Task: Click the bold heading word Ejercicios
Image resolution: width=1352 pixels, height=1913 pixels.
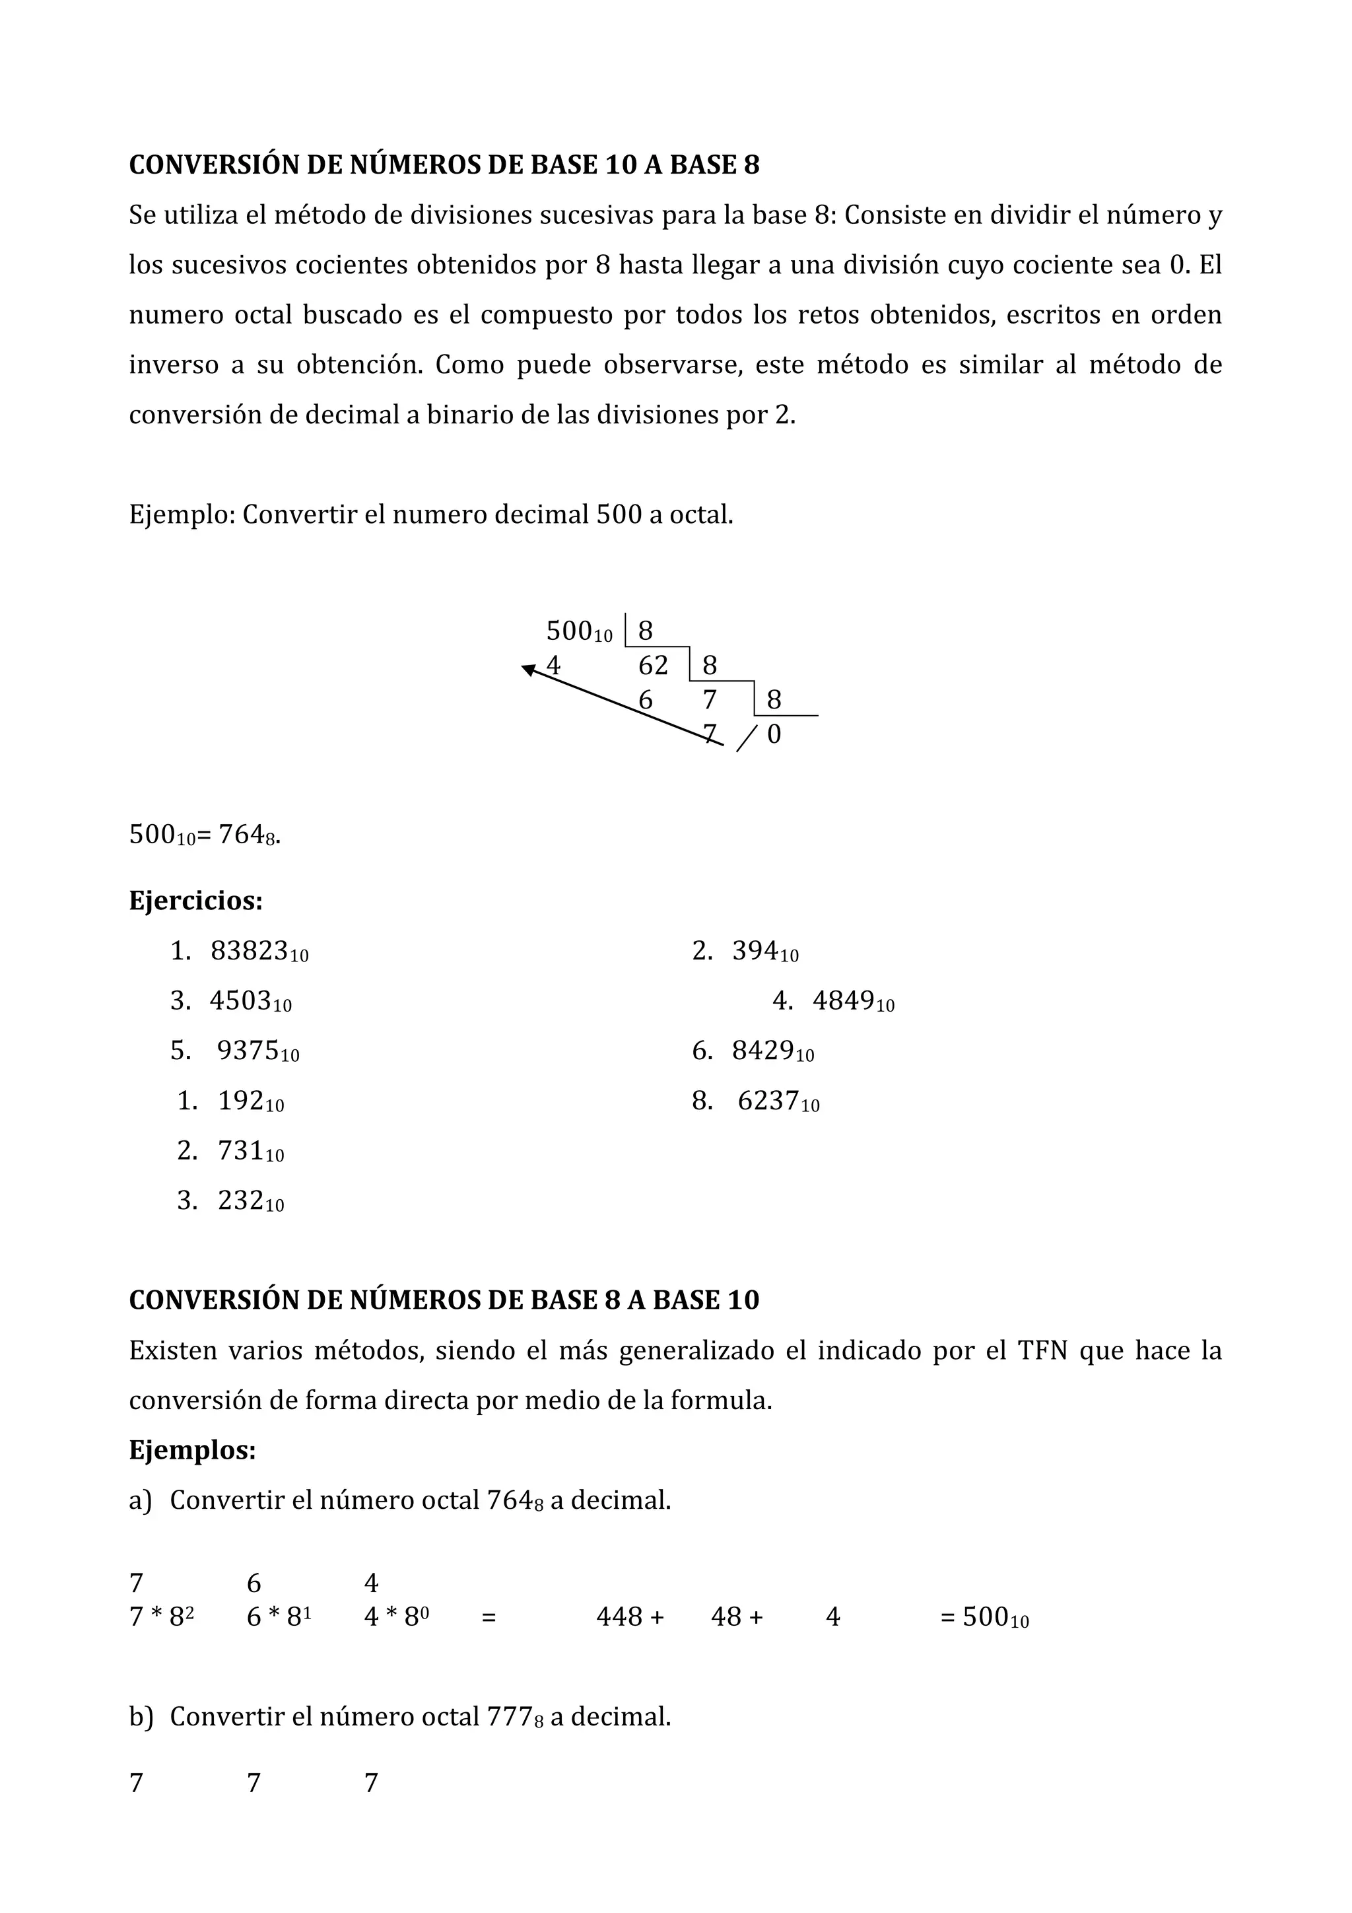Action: (195, 901)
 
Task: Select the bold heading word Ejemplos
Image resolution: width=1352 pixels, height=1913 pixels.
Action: (191, 1451)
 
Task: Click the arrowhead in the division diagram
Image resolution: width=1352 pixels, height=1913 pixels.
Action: (528, 669)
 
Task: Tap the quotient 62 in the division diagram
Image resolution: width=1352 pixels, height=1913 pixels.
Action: (653, 666)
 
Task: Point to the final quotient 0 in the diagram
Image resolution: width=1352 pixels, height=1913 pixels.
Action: (774, 735)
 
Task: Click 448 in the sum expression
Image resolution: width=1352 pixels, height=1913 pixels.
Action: (620, 1617)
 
